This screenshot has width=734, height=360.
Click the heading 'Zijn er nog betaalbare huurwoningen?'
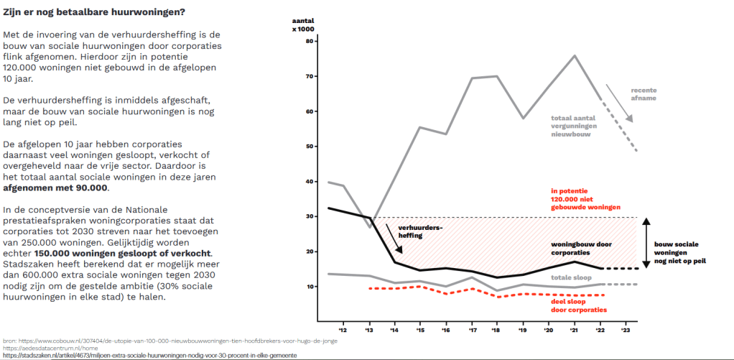tap(93, 12)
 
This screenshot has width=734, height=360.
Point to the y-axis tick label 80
tap(310, 41)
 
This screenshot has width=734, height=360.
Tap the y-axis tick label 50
tap(310, 147)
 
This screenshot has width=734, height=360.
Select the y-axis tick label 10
tap(310, 287)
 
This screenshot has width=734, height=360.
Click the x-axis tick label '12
tap(342, 331)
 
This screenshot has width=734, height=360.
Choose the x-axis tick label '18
tap(497, 331)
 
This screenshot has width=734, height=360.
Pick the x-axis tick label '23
tap(626, 331)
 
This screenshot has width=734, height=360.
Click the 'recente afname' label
tap(644, 95)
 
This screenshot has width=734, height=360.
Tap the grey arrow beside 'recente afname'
tap(618, 103)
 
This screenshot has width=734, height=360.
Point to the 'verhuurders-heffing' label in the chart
tap(420, 231)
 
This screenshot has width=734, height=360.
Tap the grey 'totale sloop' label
tap(571, 277)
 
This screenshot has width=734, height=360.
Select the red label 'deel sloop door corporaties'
tap(575, 305)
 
